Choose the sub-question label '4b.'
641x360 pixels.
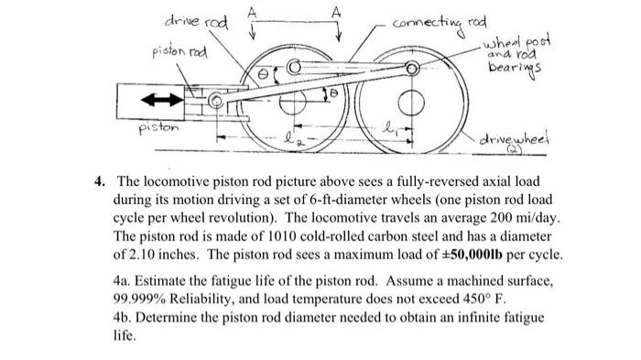click(124, 317)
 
